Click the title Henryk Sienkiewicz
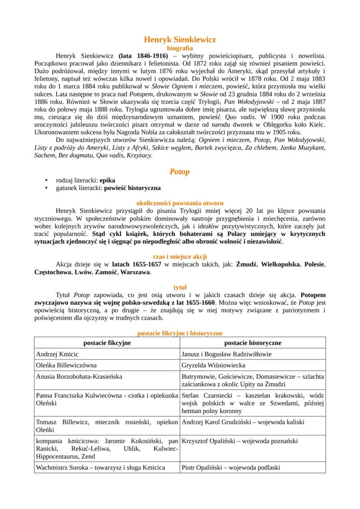pos(180,40)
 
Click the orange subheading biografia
pos(180,48)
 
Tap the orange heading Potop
pos(180,172)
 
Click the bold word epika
pos(109,180)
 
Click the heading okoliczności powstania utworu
pos(180,203)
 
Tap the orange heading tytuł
pos(180,287)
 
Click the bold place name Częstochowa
pos(53,272)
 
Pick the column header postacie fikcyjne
pos(107,343)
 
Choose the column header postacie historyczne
pos(253,343)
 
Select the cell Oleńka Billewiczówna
pos(67,366)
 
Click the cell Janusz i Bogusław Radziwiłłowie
pos(227,354)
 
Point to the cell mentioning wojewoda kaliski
pos(243,422)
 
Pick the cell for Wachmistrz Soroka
pos(101,468)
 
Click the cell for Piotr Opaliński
pos(231,468)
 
